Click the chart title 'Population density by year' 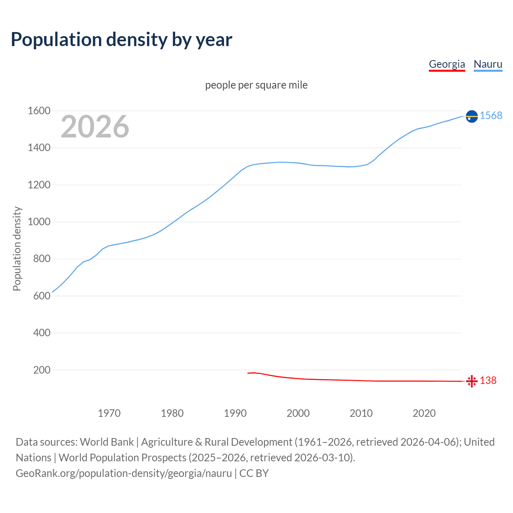pyautogui.click(x=121, y=40)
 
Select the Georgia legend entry pyautogui.click(x=447, y=64)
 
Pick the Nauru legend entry pyautogui.click(x=488, y=64)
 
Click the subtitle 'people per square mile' pyautogui.click(x=256, y=85)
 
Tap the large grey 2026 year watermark pyautogui.click(x=95, y=127)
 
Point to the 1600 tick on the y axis pyautogui.click(x=39, y=111)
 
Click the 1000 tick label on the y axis pyautogui.click(x=39, y=222)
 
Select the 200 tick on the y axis pyautogui.click(x=42, y=370)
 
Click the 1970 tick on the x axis pyautogui.click(x=109, y=413)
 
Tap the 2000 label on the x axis pyautogui.click(x=298, y=413)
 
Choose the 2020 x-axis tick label pyautogui.click(x=424, y=413)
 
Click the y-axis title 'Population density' pyautogui.click(x=17, y=248)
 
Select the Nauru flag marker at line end pyautogui.click(x=472, y=116)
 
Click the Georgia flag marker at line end pyautogui.click(x=472, y=381)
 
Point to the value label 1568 pyautogui.click(x=491, y=115)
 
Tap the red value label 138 pyautogui.click(x=488, y=380)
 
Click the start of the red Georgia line pyautogui.click(x=248, y=373)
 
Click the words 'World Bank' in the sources pyautogui.click(x=107, y=442)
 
